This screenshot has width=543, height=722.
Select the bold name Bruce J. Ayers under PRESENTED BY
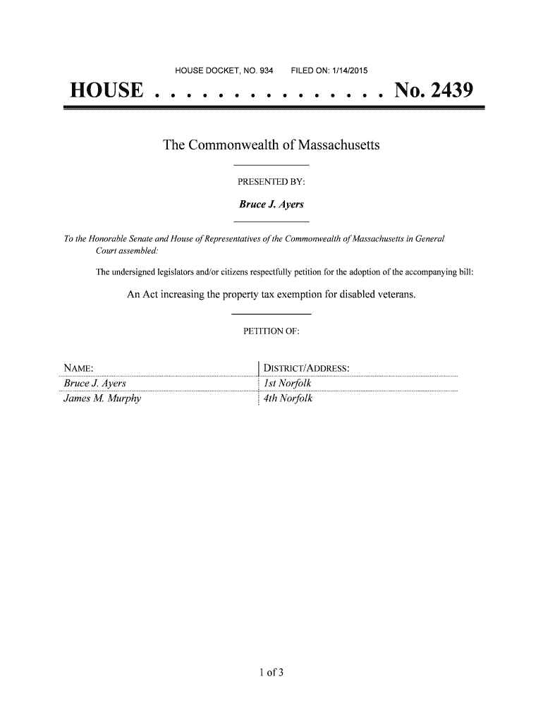pyautogui.click(x=271, y=204)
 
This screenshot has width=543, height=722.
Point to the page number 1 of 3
pyautogui.click(x=271, y=672)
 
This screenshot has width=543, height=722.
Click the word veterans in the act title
pyautogui.click(x=393, y=294)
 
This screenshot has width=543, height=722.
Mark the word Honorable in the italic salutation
pyautogui.click(x=106, y=240)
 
